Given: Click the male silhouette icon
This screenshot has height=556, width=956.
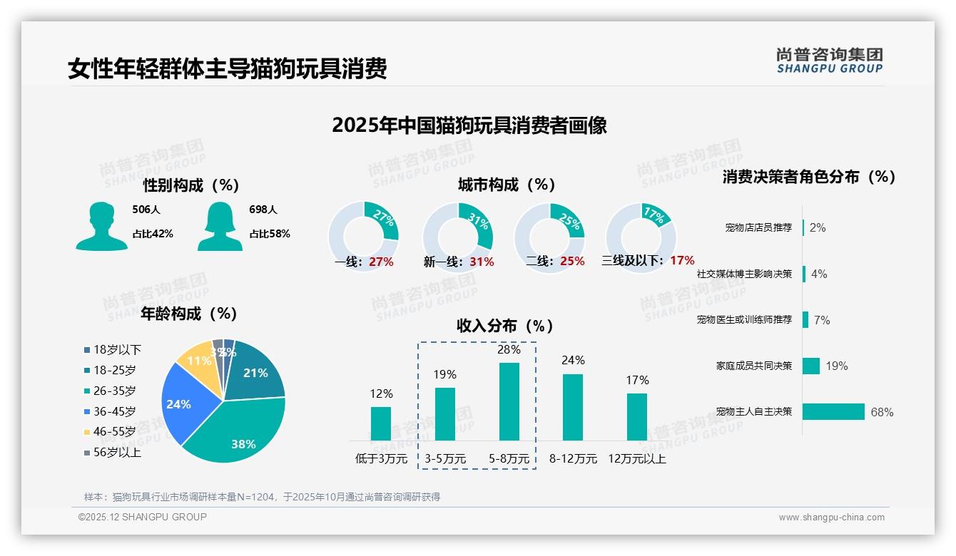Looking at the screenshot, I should pos(101,227).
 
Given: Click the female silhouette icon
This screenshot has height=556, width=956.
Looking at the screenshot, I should pos(220,227).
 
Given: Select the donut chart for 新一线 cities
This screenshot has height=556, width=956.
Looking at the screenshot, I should pos(458,237).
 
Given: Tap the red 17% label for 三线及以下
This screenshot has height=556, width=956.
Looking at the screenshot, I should pos(682,261).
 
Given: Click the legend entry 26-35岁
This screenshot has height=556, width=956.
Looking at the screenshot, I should pos(114,391).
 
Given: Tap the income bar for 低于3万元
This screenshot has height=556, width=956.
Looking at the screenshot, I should pos(381,423).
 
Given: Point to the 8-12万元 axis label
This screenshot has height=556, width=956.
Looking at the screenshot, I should pos(573,459).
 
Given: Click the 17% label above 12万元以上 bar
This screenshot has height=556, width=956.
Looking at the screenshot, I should pos(637,381).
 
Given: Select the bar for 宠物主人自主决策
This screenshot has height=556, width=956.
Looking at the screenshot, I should pos(833,411).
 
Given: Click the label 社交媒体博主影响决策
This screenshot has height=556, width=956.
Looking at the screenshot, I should pos(744,274).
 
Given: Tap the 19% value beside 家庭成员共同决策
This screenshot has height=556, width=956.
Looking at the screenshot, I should pos(837,366).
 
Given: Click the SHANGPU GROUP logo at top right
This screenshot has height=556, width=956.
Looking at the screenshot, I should pos(829,61).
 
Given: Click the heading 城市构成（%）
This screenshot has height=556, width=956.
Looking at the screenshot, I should pos(507,185).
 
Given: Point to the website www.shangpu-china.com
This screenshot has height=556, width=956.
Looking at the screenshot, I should pos(831,517).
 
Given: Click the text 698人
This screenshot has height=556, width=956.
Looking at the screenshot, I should pos(263,210).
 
